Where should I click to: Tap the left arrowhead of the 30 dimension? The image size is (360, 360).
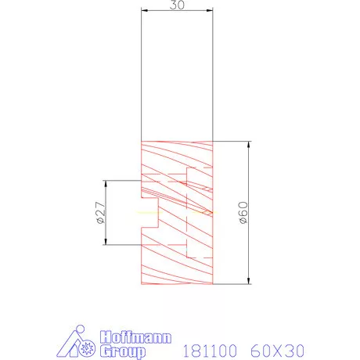point(144,11)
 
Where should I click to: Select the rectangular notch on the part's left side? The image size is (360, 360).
point(150,212)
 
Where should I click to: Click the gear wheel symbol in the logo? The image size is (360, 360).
point(88,347)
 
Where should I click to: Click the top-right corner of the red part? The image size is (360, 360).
point(212,142)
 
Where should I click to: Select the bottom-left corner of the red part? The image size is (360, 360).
point(141,284)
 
